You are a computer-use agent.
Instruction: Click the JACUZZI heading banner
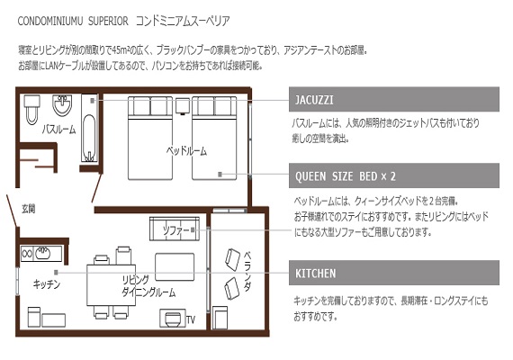point(394,100)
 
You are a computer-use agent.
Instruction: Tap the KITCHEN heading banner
point(394,273)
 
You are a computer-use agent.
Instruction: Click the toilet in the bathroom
point(32,110)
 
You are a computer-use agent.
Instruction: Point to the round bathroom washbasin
point(62,104)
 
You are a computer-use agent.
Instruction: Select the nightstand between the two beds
point(182,106)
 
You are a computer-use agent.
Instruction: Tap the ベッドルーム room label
point(186,151)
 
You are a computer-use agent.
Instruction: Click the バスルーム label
point(58,130)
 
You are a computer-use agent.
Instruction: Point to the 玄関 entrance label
point(29,209)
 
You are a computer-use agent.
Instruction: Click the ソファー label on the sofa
point(176,230)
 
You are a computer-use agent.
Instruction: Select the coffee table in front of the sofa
point(175,266)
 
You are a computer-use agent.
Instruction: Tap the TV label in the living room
point(191,319)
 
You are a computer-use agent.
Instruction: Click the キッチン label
point(47,284)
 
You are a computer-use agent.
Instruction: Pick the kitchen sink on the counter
point(42,253)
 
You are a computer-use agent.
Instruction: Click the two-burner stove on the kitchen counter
point(27,254)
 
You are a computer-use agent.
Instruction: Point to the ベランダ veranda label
point(247,271)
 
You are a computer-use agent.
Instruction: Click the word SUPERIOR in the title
point(108,22)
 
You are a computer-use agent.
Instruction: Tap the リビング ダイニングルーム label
point(148,286)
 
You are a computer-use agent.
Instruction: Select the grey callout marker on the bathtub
point(93,101)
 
